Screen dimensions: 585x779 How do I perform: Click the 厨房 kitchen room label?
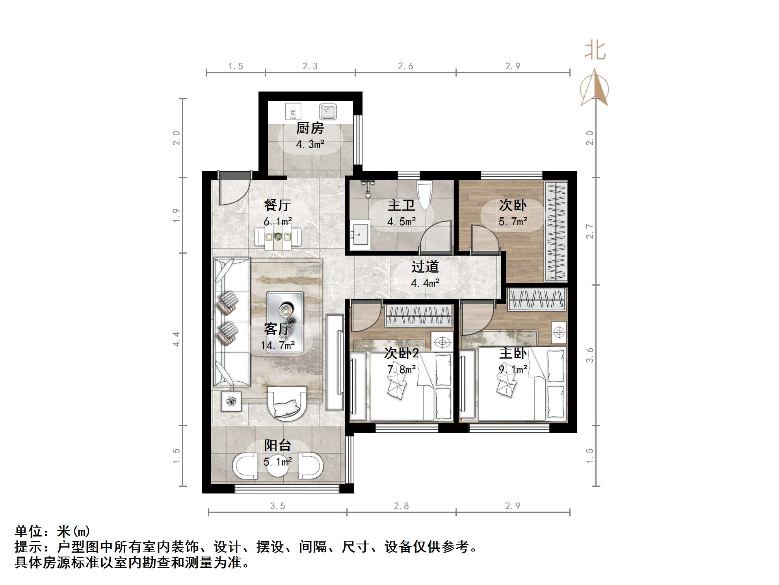click(x=310, y=128)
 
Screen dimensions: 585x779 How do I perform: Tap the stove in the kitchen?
click(x=293, y=112)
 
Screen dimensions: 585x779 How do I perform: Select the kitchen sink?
click(x=327, y=112)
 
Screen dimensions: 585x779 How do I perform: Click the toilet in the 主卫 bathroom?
click(x=425, y=195)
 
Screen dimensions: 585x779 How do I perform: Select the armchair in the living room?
click(x=286, y=403)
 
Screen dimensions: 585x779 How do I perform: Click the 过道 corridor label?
click(x=425, y=267)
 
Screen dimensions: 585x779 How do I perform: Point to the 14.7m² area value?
click(x=277, y=346)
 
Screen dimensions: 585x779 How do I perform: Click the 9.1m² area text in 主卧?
click(x=513, y=370)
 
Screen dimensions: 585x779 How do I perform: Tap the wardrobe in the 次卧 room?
click(x=556, y=231)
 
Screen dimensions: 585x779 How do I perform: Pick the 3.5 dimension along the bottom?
click(x=277, y=506)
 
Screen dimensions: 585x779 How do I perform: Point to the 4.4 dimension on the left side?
click(x=176, y=339)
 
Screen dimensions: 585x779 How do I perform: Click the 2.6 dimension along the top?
click(x=405, y=66)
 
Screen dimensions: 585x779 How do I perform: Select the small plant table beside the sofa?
click(x=231, y=402)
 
